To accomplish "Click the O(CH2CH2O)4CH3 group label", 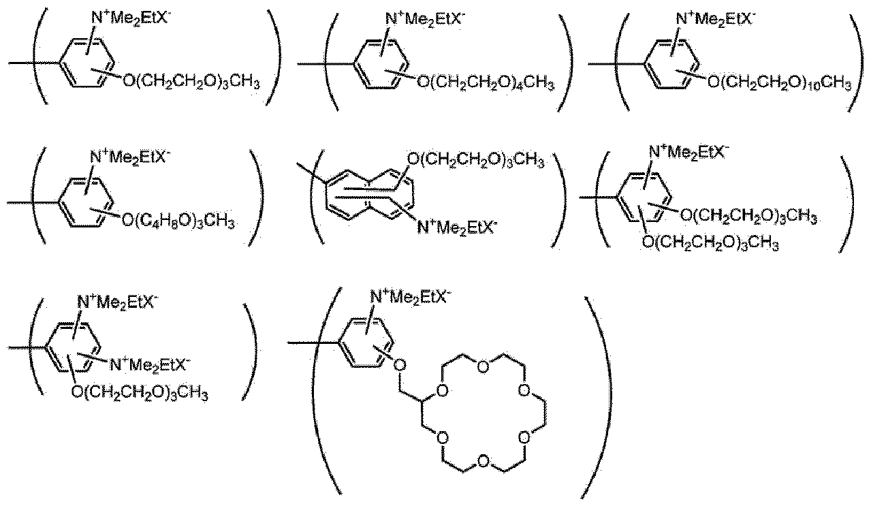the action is point(486,83).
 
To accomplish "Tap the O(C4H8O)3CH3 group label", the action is point(178,221).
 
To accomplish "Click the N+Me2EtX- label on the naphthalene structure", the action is point(457,227).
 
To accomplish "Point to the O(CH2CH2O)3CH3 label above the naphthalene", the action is point(475,160).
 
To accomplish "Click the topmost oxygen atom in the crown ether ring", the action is point(483,367).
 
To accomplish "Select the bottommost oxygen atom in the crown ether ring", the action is point(483,461).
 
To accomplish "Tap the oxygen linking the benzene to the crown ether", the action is point(400,365).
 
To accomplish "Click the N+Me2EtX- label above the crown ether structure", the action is point(411,298).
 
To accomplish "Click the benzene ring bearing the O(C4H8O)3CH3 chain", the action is point(86,202).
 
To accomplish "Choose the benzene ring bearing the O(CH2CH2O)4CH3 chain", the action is point(381,64).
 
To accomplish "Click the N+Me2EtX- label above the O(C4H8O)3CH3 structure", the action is point(130,157).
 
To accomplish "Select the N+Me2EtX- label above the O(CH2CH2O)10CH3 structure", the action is point(714,18).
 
